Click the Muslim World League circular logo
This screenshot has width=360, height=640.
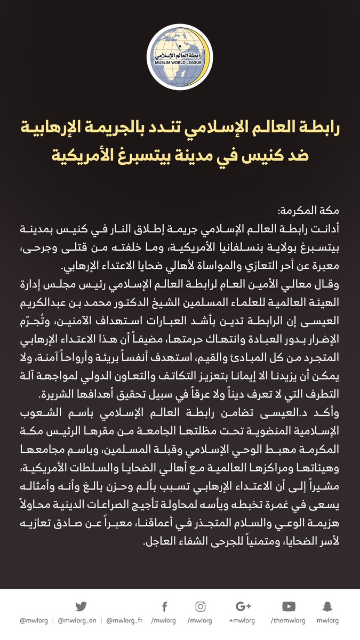180,57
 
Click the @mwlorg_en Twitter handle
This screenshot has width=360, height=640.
78,621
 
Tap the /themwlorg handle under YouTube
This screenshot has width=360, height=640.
289,621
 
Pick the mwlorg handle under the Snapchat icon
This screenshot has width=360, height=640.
327,621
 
